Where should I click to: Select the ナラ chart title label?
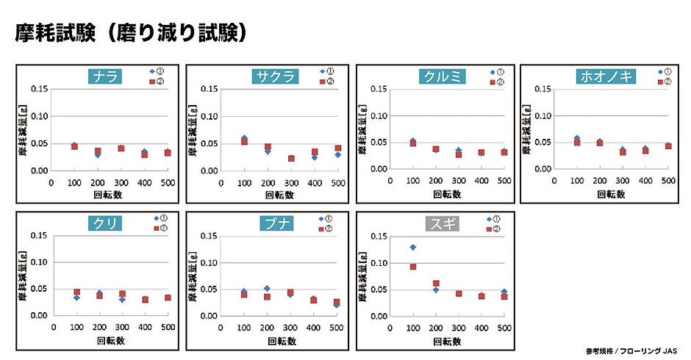[x=104, y=76]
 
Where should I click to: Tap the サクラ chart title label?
[x=273, y=76]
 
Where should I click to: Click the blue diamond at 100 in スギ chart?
[x=413, y=248]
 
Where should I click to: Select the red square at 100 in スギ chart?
[x=413, y=267]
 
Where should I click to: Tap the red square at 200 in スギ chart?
[x=436, y=283]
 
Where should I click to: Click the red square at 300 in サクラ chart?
[x=292, y=159]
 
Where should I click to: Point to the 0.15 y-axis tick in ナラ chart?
[x=40, y=90]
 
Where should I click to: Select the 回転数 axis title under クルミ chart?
[x=447, y=195]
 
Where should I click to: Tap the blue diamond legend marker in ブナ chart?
[x=321, y=219]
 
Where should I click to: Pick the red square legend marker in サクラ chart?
[x=321, y=81]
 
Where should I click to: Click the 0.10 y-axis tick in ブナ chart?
[x=210, y=263]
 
